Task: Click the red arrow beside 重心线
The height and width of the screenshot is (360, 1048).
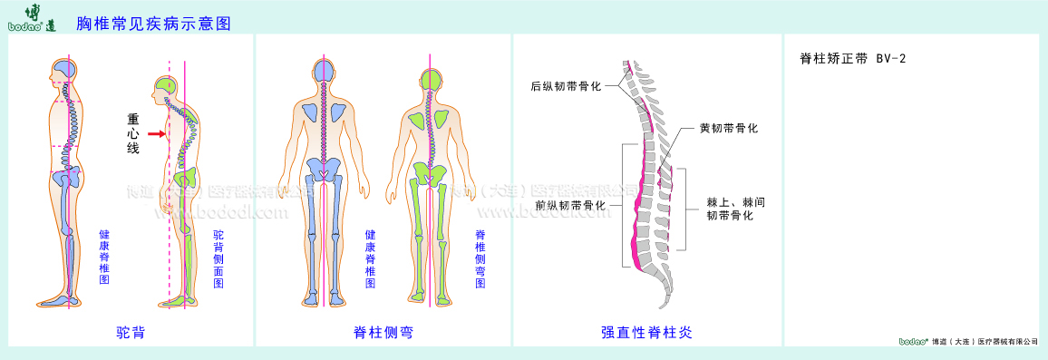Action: pos(158,134)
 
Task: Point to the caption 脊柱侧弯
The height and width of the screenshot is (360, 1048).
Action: pos(383,332)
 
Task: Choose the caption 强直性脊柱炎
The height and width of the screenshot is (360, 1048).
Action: pos(646,332)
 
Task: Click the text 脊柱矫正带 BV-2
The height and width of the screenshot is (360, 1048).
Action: pos(853,58)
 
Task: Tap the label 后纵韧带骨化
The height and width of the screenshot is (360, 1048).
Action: pos(567,88)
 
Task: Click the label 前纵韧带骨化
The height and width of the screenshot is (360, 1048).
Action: pos(570,205)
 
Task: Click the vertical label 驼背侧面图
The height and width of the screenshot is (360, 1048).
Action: pos(218,258)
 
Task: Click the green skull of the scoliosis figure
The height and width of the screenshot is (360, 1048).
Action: pos(431,79)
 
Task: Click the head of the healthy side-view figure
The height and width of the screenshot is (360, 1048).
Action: pos(66,73)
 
